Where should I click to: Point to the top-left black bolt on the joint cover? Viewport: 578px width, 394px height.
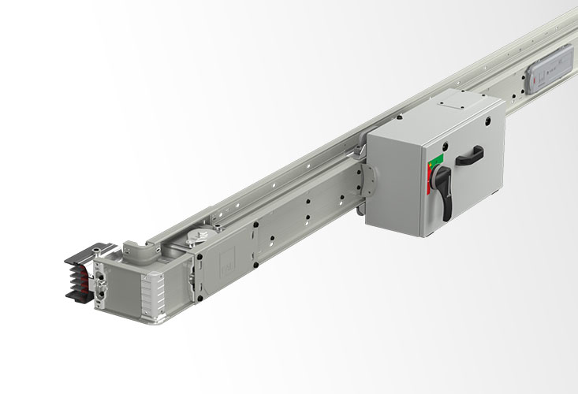[x=199, y=256]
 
